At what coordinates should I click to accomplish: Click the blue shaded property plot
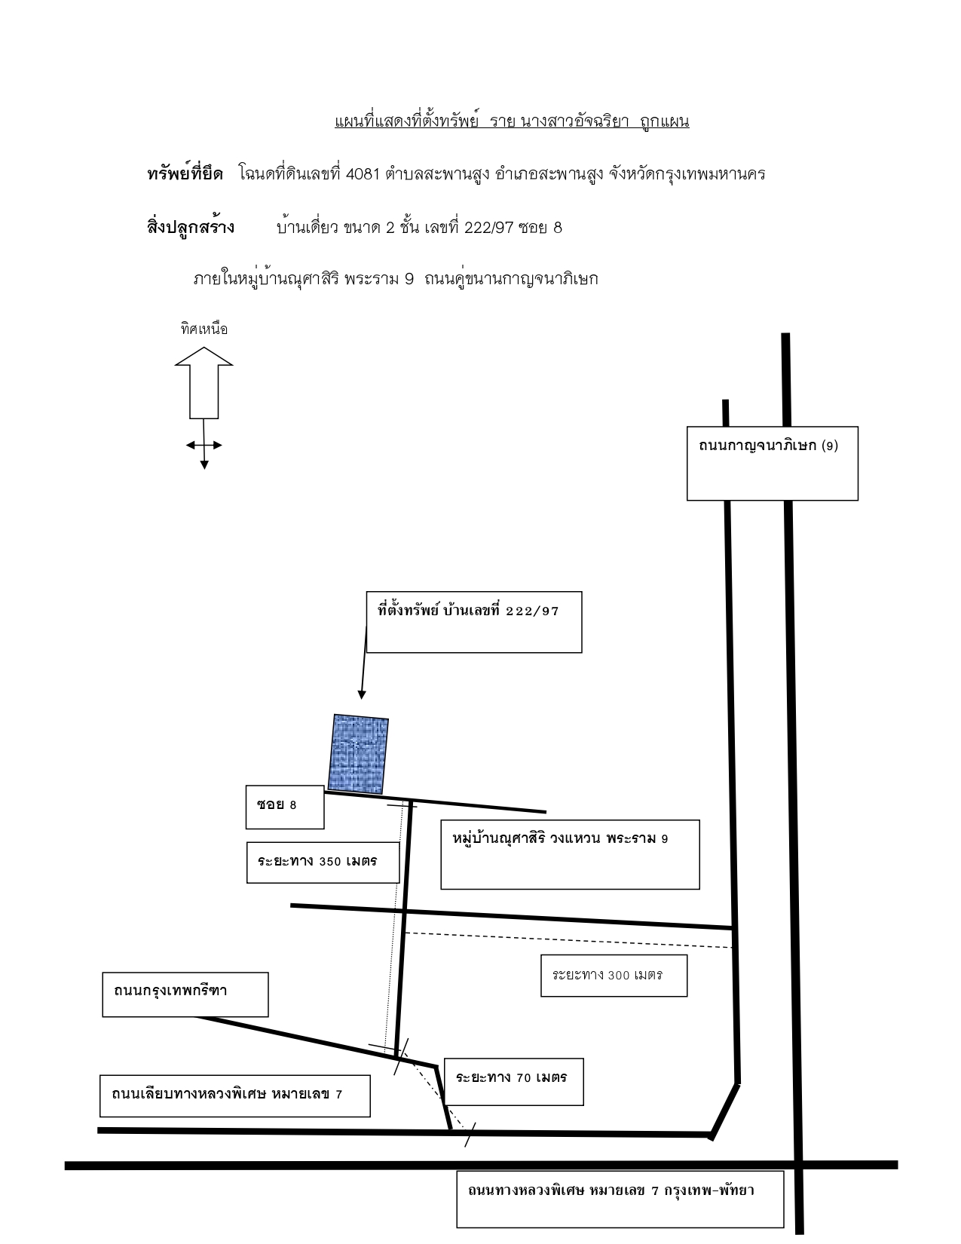click(358, 754)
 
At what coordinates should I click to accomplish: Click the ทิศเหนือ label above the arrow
click(204, 329)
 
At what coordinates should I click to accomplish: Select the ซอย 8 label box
click(284, 807)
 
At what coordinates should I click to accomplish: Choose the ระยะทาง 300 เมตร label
click(608, 975)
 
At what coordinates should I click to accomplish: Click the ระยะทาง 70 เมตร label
click(511, 1077)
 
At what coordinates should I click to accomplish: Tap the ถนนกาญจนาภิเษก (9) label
click(768, 446)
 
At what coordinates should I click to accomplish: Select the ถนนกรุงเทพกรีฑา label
click(170, 991)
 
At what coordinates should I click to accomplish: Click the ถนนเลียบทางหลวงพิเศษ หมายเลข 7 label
click(227, 1094)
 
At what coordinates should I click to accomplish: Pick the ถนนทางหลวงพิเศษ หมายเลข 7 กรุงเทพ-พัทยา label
click(611, 1190)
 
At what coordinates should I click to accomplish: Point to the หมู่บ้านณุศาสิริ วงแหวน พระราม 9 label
click(560, 838)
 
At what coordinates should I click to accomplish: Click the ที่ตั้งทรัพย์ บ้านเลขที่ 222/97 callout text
click(467, 610)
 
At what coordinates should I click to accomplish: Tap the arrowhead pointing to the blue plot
click(361, 695)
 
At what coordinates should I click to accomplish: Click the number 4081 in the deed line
click(363, 174)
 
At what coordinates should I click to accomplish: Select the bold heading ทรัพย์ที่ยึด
click(185, 173)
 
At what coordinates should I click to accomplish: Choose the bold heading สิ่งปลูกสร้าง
click(191, 227)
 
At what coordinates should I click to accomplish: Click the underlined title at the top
click(512, 121)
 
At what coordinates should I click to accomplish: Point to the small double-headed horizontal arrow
click(204, 445)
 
